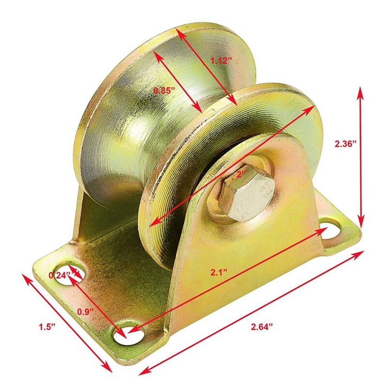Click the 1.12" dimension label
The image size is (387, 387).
[221, 61]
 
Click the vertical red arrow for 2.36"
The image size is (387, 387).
[360, 155]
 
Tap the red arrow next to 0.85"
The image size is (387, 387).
[178, 81]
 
